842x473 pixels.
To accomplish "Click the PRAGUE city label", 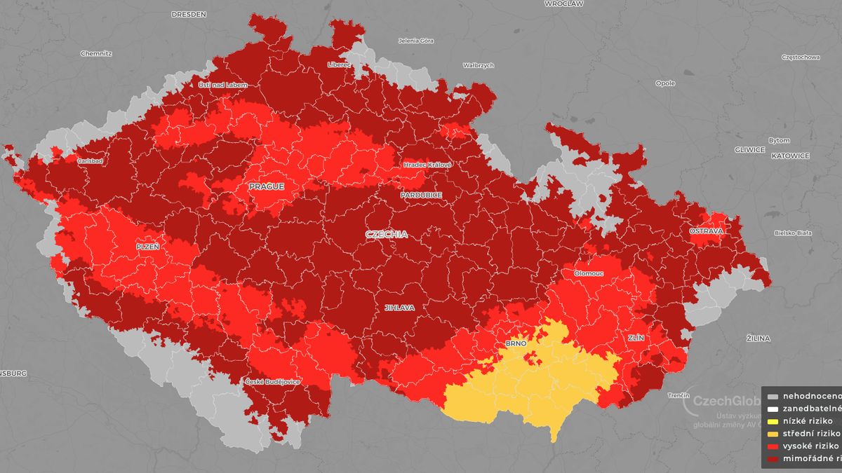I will coord(266,186).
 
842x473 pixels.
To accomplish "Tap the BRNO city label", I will coord(516,344).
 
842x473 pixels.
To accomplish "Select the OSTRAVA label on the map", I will coord(705,231).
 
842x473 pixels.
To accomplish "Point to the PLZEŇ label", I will coord(148,247).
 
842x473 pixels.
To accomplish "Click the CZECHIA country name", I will coord(386,234).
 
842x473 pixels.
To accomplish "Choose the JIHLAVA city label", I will coord(399,308).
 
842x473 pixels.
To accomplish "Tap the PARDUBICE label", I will coord(421,195).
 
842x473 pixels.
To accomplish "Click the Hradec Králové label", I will coord(427,165).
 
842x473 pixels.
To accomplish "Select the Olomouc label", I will coord(588,273).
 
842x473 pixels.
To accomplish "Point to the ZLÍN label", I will coord(636,337).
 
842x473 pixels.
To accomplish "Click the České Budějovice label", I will coord(272,381).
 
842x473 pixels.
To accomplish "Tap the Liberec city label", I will coord(338,64).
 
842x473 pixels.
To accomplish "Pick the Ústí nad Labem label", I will coord(222,85).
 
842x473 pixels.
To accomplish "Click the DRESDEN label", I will coord(189,13).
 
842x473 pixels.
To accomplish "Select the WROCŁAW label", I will coord(563,4).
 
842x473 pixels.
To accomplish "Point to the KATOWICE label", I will coord(790,156).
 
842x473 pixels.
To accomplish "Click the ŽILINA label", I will coord(759,338).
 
